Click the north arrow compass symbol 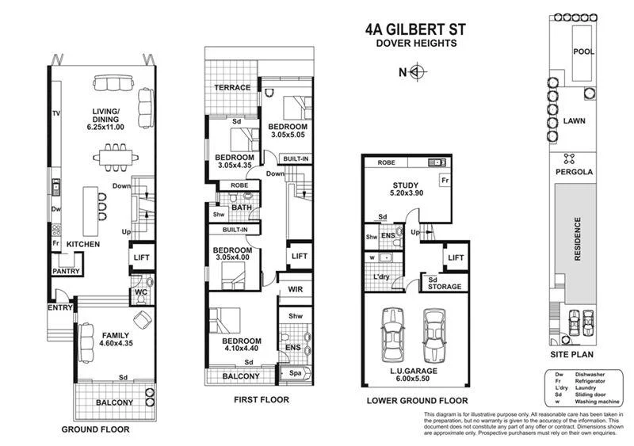point(418,73)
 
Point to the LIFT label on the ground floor point(141,258)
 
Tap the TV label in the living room point(56,114)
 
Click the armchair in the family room point(143,319)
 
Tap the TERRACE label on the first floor point(233,87)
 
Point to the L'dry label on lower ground point(381,276)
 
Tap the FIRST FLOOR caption point(261,400)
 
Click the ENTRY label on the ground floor point(60,307)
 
